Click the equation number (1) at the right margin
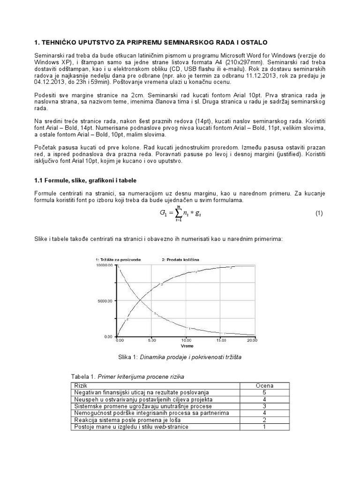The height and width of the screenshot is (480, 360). (319, 213)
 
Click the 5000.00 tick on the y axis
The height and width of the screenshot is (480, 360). (104, 301)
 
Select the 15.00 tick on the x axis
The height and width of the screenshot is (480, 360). (219, 340)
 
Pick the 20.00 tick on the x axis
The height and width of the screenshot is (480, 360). (252, 340)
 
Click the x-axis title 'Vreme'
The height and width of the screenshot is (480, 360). (186, 346)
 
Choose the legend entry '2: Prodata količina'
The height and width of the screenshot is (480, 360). (180, 259)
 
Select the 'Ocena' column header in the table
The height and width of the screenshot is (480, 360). (264, 385)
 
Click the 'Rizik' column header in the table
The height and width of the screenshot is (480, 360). (81, 385)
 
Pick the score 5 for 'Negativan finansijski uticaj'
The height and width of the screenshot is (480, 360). (264, 392)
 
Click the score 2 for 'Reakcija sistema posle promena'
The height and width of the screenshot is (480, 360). (264, 420)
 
